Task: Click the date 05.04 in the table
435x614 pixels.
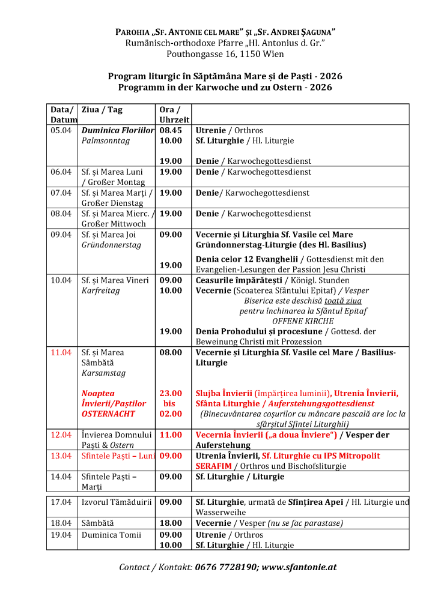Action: coord(61,130)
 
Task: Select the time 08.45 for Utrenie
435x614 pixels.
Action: coord(171,130)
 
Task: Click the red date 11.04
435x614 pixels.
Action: coord(61,352)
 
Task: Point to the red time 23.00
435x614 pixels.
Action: coord(171,393)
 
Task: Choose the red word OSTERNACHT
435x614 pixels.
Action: coord(109,414)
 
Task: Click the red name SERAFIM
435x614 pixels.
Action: coord(214,466)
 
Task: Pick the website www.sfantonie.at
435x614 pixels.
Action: coord(299,567)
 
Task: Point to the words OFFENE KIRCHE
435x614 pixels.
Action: coord(303,321)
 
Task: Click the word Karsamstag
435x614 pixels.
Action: coord(104,373)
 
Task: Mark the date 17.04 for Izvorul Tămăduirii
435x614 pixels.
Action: coord(61,502)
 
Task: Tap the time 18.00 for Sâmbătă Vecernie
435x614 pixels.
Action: coord(171,523)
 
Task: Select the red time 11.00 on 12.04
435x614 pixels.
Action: coord(171,435)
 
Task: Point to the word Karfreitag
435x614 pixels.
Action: coord(101,290)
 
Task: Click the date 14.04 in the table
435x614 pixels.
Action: coord(61,477)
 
